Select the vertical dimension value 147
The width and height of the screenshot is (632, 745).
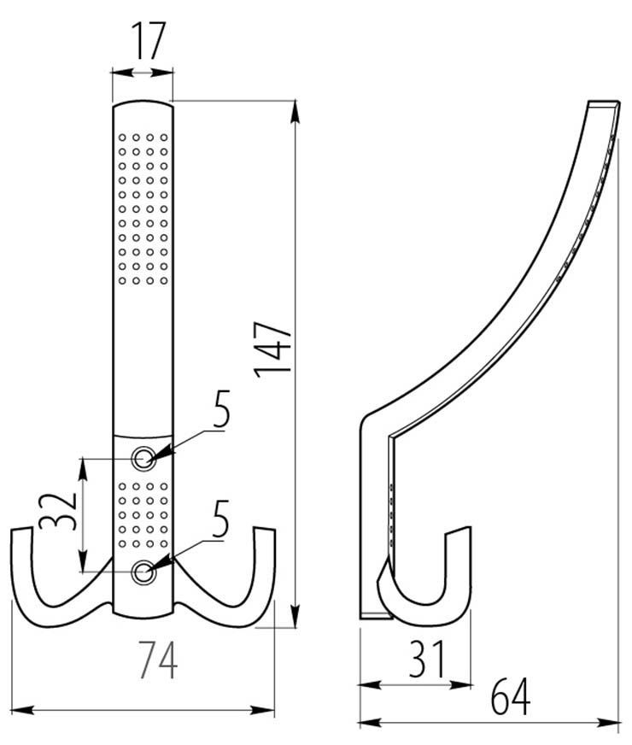[273, 348]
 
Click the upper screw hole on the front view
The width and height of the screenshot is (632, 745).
[143, 459]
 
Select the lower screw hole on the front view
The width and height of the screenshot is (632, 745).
[143, 572]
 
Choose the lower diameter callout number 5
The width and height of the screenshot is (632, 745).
[221, 522]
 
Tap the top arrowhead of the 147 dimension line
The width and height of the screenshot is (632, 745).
[296, 107]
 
